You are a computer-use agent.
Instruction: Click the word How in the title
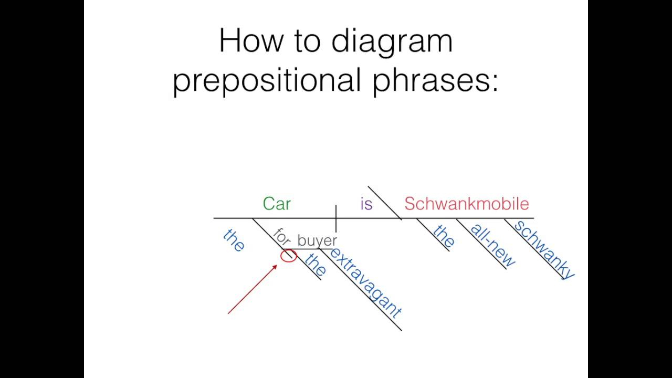tap(251, 40)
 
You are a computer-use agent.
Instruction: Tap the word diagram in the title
tap(392, 42)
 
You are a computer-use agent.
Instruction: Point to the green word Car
tap(277, 204)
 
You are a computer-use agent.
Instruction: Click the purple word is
tap(366, 204)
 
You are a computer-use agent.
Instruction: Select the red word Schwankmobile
tap(467, 204)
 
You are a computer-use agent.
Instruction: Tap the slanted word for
tap(282, 237)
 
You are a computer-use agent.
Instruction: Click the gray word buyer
tap(317, 241)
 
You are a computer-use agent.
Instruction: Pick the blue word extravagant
tap(365, 283)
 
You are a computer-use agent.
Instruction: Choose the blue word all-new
tap(492, 245)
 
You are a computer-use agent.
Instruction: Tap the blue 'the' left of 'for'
tap(234, 240)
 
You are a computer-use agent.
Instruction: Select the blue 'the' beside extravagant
tap(315, 265)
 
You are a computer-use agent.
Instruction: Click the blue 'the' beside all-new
tap(444, 236)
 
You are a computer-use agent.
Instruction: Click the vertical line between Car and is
tap(336, 219)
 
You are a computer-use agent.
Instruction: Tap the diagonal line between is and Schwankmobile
tap(385, 203)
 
